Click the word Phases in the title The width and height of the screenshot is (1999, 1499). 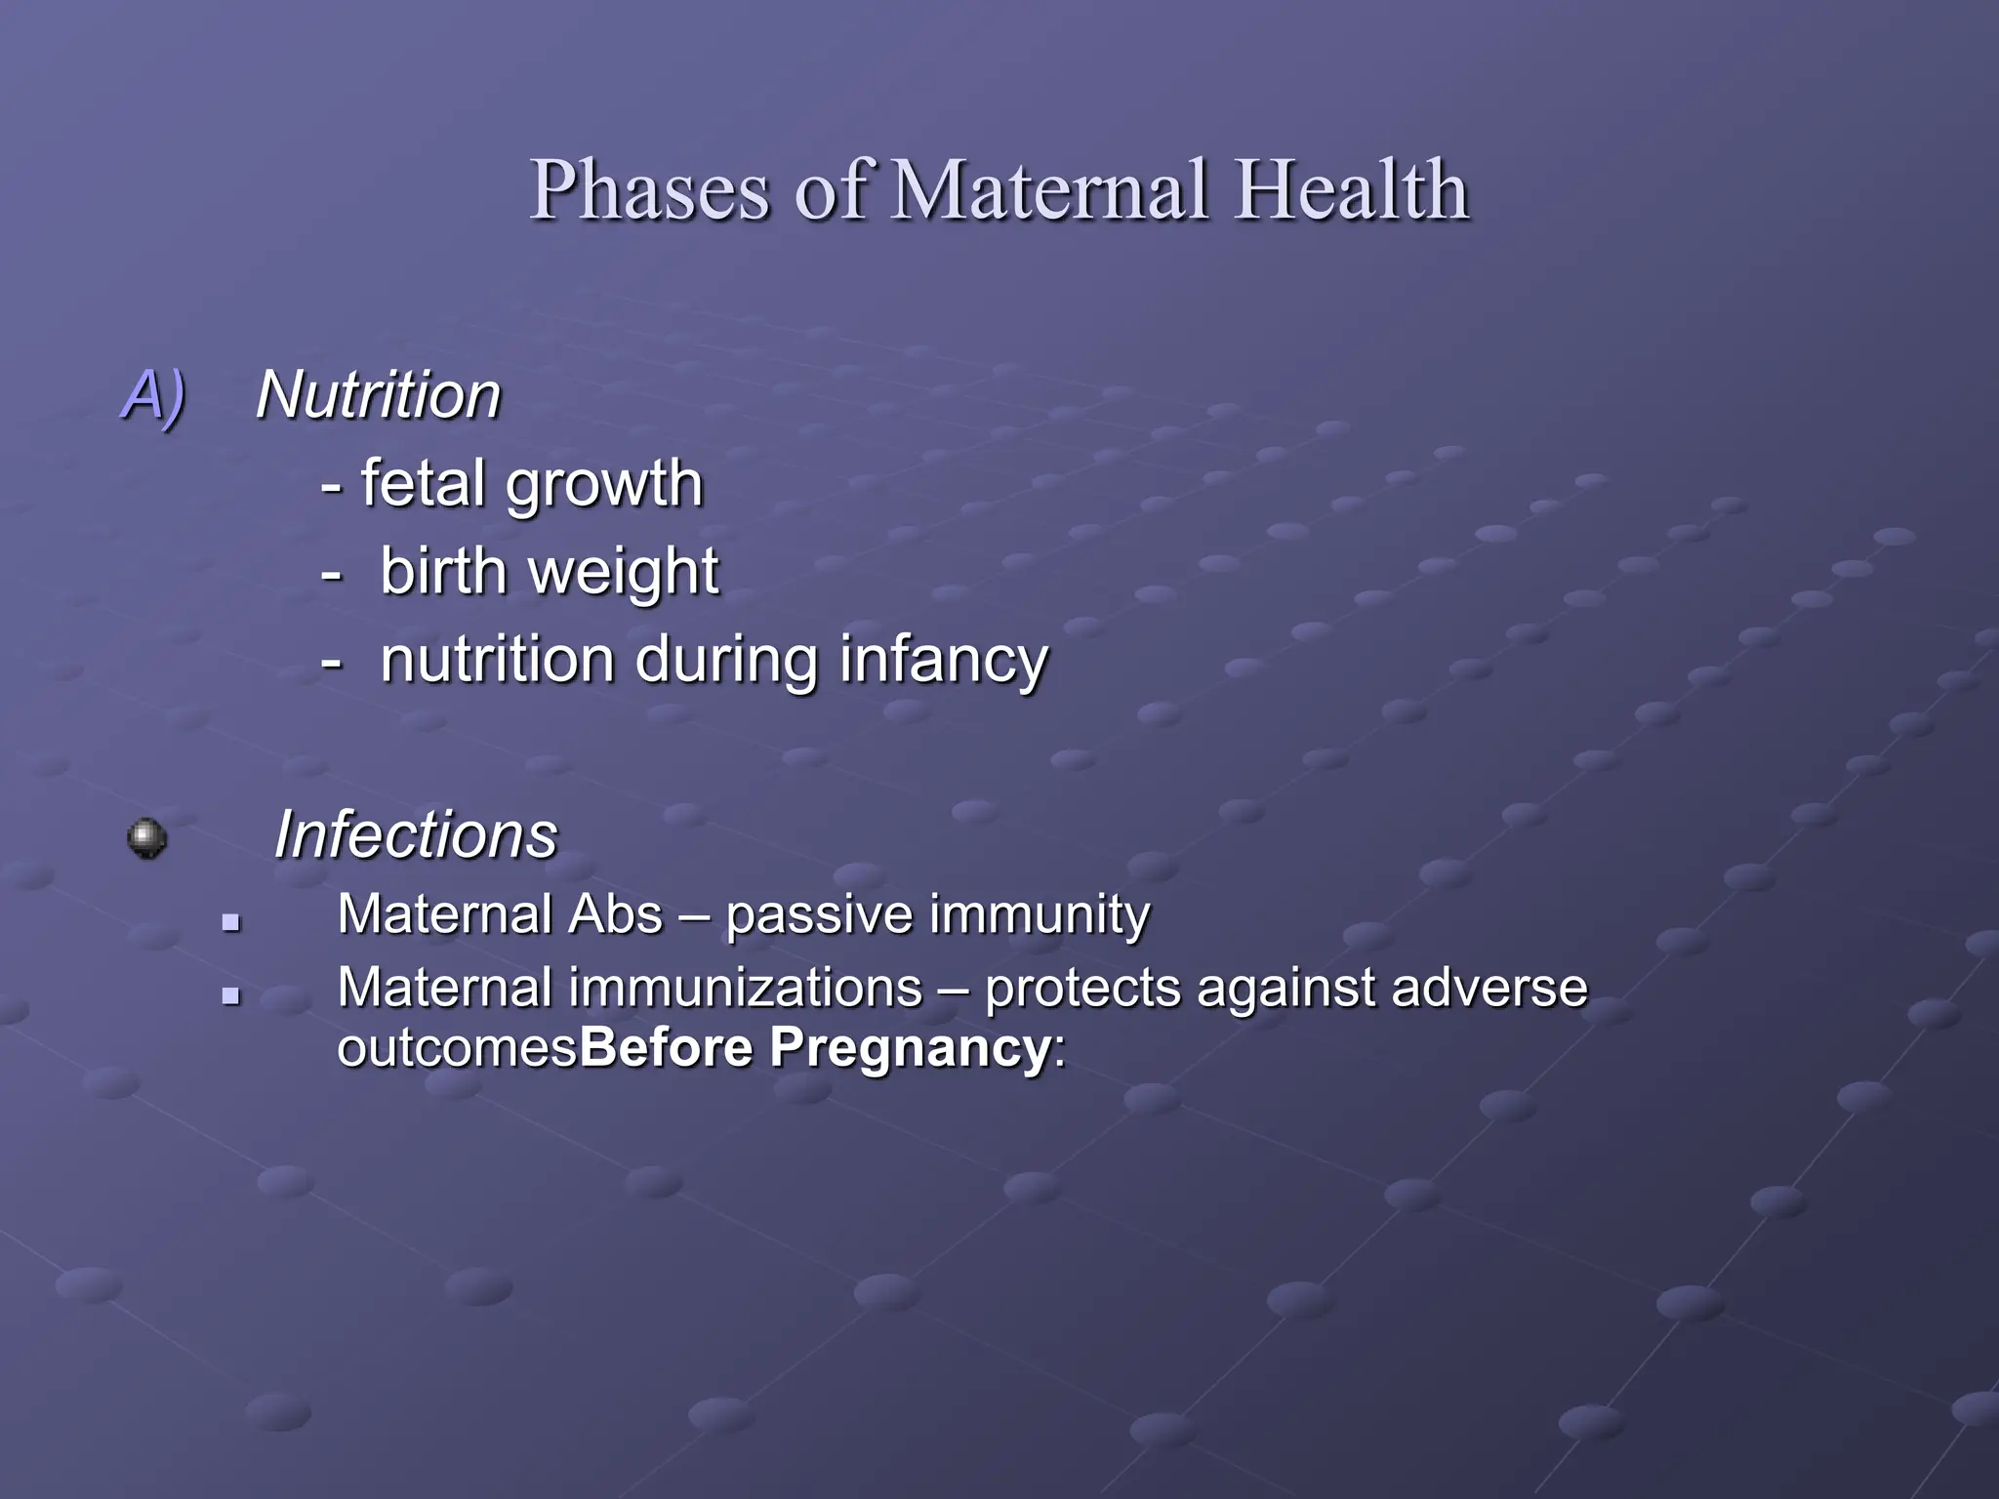650,190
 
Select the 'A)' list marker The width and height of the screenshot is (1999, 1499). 153,395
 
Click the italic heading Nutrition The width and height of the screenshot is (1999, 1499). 378,395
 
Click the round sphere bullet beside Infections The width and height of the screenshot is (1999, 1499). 146,838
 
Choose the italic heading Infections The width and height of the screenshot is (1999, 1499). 415,835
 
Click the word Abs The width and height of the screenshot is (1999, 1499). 615,915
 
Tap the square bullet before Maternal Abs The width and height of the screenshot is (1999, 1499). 231,921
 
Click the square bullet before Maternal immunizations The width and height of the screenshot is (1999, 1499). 231,995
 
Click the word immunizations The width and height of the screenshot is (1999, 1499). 746,988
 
